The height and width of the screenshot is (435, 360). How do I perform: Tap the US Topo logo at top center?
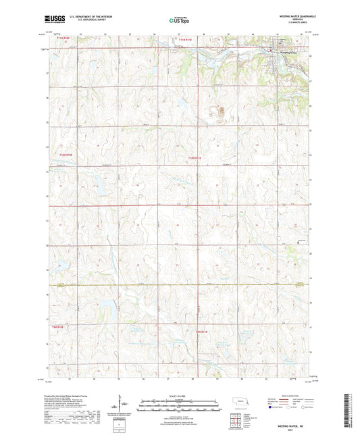(x=180, y=20)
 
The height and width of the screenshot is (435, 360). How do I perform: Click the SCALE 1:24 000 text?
(x=180, y=395)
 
